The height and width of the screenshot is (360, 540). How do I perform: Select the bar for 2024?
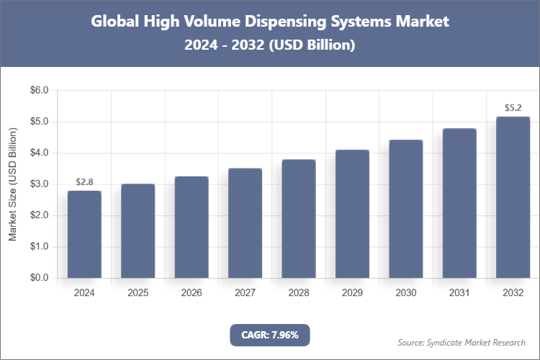[84, 234]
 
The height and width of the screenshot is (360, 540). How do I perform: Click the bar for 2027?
[245, 222]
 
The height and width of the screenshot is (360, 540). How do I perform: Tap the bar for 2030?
[405, 209]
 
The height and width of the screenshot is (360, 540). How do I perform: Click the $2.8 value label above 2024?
[84, 181]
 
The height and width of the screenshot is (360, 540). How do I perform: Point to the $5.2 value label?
[513, 108]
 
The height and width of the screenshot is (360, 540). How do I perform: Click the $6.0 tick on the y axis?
[38, 91]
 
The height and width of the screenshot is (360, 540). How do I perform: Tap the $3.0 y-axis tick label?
[38, 184]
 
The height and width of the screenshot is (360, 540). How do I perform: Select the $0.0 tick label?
[38, 278]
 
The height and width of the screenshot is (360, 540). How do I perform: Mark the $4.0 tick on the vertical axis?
[38, 153]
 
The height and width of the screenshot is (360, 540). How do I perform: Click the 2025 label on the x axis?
[138, 293]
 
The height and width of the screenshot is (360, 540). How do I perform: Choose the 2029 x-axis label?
[352, 293]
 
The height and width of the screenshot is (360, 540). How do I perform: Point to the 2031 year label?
[459, 293]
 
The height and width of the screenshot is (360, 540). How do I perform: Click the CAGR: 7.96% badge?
[269, 334]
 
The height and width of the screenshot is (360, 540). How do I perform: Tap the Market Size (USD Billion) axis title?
[12, 184]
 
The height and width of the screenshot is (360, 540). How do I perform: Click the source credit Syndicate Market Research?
[462, 342]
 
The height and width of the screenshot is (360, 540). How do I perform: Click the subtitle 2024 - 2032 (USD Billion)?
[269, 45]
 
